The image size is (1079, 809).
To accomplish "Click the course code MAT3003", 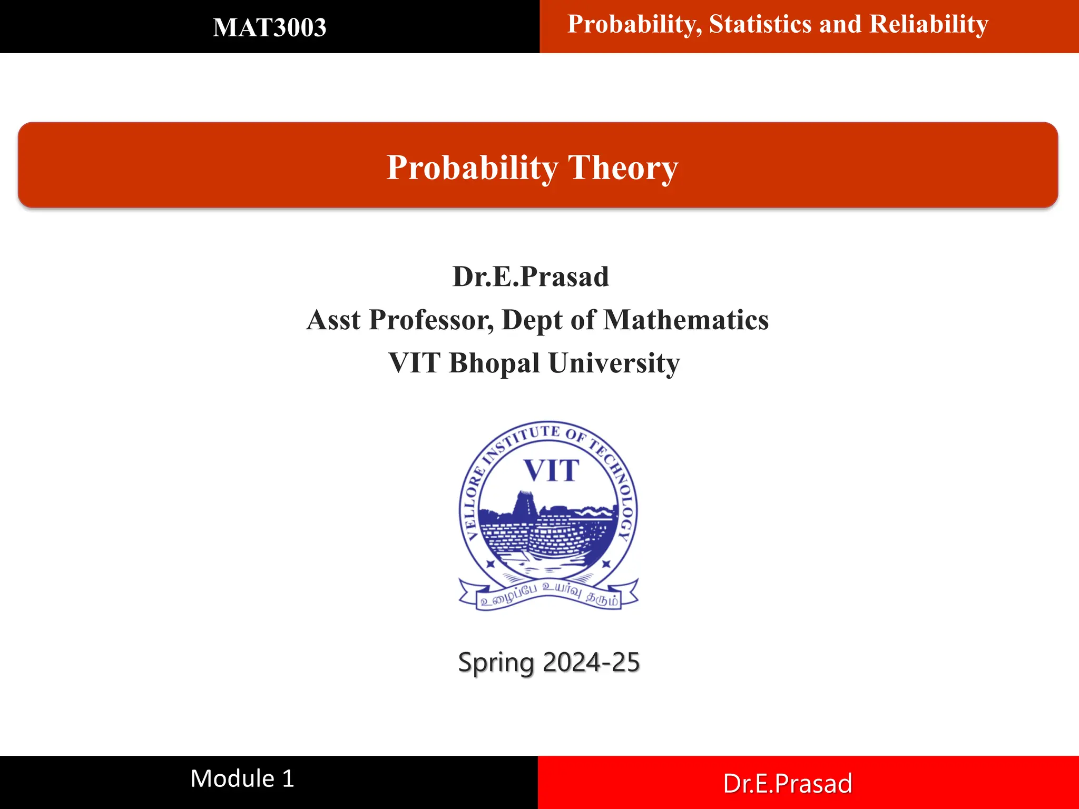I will pos(269,27).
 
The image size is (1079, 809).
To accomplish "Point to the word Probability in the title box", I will pos(472,168).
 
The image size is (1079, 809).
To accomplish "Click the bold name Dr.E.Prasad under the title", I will pos(531,277).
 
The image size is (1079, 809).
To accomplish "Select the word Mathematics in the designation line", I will pos(686,320).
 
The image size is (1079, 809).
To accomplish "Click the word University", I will pos(614,363).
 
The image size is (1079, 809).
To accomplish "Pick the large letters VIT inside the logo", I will pos(551,470).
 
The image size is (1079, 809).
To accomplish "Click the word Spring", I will pos(496,663).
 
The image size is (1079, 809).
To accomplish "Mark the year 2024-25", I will pos(591,662).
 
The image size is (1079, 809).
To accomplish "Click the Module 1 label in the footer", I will pos(242,778).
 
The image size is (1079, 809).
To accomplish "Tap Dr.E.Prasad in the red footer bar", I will pos(788,784).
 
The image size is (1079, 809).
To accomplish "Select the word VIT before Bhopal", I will pos(414,363).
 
